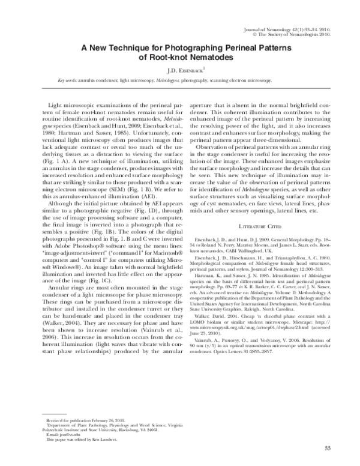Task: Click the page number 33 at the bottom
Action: (x=327, y=449)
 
